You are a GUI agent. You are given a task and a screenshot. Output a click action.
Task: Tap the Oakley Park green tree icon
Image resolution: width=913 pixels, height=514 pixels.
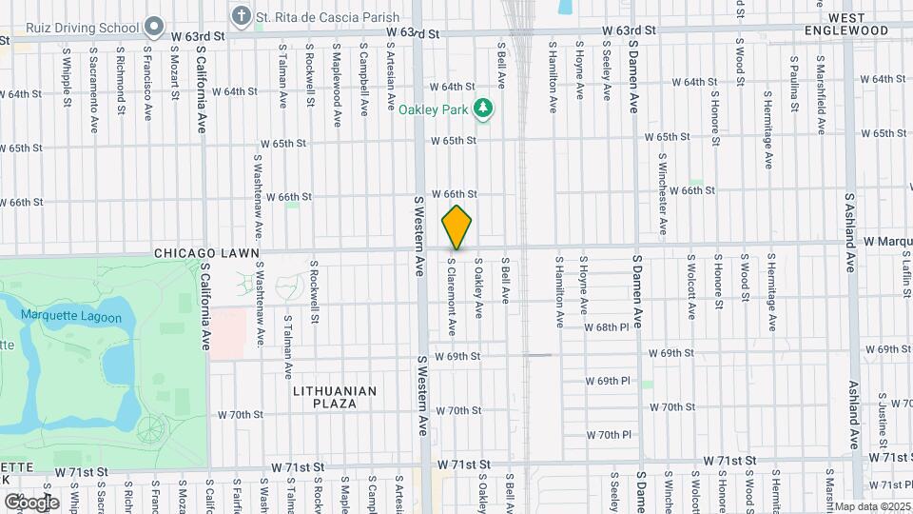(x=484, y=109)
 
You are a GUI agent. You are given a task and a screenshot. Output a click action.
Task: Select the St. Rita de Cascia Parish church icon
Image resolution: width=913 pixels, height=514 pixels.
(x=242, y=15)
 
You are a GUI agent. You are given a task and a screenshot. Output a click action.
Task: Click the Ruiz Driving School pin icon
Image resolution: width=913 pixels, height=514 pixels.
(x=154, y=26)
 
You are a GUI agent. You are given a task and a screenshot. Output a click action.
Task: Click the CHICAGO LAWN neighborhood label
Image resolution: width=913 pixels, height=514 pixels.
(x=204, y=254)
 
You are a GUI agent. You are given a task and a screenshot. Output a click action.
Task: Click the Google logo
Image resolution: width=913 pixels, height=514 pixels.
(x=31, y=502)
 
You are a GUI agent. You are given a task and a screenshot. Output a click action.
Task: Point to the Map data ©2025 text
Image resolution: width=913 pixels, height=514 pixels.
(x=871, y=506)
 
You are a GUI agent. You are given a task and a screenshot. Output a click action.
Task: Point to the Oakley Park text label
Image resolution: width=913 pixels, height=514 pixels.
(x=434, y=109)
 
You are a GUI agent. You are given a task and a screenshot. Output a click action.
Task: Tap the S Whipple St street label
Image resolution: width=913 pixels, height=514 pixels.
(x=67, y=76)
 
